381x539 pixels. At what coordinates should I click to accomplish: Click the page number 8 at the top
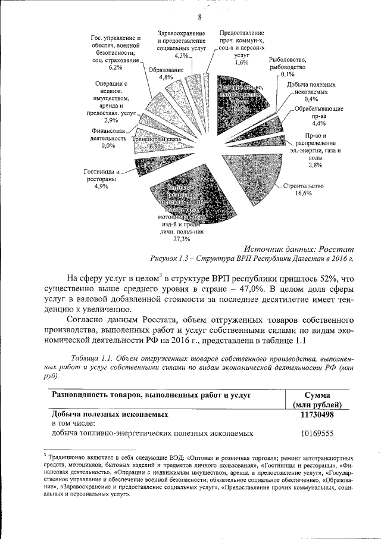pyautogui.click(x=191, y=17)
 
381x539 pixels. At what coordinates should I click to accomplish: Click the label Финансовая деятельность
pyautogui.click(x=108, y=134)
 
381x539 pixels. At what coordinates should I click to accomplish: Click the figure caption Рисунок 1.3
pyautogui.click(x=252, y=259)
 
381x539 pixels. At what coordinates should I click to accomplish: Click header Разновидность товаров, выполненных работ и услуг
pyautogui.click(x=152, y=395)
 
